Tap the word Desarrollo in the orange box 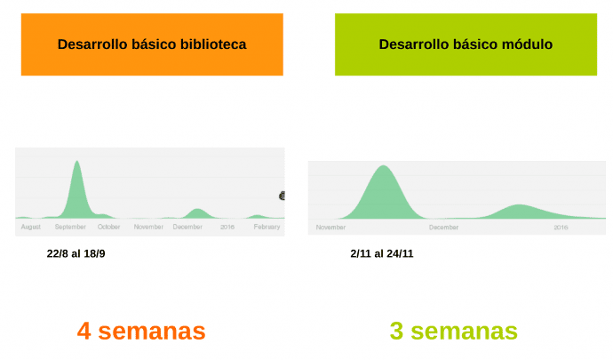tap(91, 44)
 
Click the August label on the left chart tap(30, 227)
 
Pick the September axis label tap(70, 227)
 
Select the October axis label tap(109, 227)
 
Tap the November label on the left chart tap(148, 227)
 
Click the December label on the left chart tap(187, 227)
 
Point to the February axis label tap(267, 227)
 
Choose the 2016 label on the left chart tap(227, 227)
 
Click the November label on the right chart tap(330, 227)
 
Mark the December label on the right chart tap(444, 227)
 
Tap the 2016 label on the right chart tap(561, 227)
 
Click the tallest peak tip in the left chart tap(77, 161)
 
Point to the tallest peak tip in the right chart tap(383, 166)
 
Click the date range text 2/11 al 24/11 tap(382, 254)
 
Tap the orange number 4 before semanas tap(84, 332)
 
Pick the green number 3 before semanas tap(397, 332)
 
